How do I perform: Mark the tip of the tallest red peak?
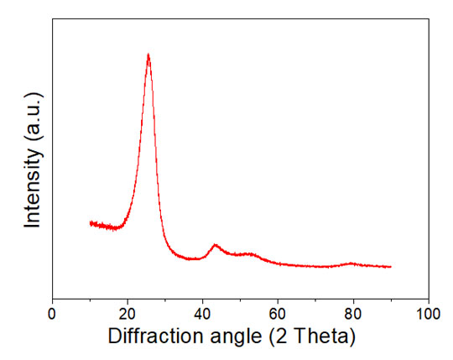tap(148, 55)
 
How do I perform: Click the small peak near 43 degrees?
tap(216, 245)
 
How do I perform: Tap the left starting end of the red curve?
tap(90, 222)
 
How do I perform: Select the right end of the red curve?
tap(391, 267)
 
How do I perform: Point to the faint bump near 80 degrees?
tap(351, 263)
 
